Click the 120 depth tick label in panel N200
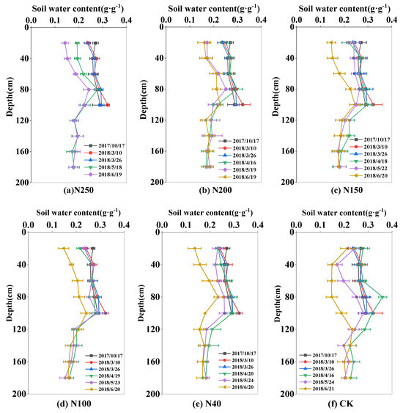point(151,120)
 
